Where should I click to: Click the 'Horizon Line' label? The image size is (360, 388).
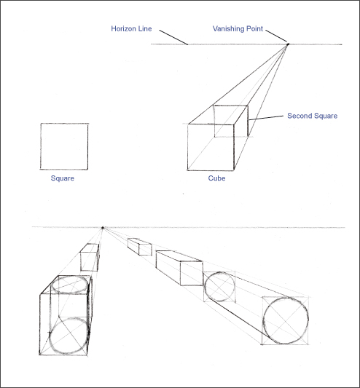[x=131, y=29]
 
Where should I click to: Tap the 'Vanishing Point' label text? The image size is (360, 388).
[x=238, y=29]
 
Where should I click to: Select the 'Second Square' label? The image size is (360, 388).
[x=312, y=116]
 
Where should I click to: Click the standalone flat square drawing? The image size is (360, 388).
[x=64, y=146]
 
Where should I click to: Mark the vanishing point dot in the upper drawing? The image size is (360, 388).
[x=287, y=45]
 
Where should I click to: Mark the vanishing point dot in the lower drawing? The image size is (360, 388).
[x=103, y=228]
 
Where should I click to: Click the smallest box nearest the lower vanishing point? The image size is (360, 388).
[x=139, y=247]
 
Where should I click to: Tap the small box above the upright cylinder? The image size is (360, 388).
[x=89, y=258]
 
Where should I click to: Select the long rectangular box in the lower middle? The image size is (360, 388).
[x=179, y=267]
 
